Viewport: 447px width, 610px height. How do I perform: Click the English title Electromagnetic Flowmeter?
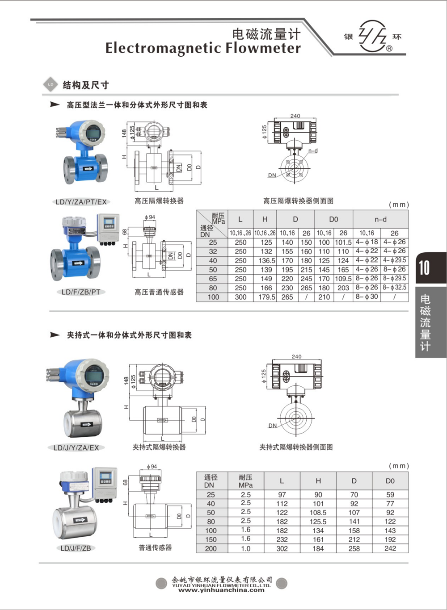pyautogui.click(x=203, y=48)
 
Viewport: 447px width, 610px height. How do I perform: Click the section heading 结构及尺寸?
pyautogui.click(x=85, y=85)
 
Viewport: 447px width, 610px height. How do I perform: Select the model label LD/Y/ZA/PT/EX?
pyautogui.click(x=81, y=202)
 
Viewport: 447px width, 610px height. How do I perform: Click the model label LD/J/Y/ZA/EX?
pyautogui.click(x=76, y=447)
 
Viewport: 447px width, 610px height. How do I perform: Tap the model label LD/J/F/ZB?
pyautogui.click(x=76, y=548)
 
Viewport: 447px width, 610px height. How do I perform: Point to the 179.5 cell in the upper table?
pyautogui.click(x=266, y=297)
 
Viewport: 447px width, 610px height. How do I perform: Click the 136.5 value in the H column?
pyautogui.click(x=266, y=260)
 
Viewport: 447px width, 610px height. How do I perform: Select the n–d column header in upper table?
pyautogui.click(x=380, y=219)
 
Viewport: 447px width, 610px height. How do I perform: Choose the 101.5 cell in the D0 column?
pyautogui.click(x=343, y=242)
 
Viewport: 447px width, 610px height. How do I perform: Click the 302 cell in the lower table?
pyautogui.click(x=282, y=548)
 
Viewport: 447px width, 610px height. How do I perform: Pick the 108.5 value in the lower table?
pyautogui.click(x=318, y=513)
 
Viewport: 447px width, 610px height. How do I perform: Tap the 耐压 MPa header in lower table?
pyautogui.click(x=245, y=481)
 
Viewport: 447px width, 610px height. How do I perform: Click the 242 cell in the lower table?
pyautogui.click(x=390, y=548)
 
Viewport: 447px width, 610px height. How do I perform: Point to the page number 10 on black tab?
pyautogui.click(x=424, y=268)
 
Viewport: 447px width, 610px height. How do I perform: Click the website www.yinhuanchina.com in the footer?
pyautogui.click(x=221, y=590)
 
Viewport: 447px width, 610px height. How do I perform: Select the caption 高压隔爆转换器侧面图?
pyautogui.click(x=298, y=201)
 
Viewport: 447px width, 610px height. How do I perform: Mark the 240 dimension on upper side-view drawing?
pyautogui.click(x=295, y=116)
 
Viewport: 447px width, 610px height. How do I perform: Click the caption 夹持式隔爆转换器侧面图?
pyautogui.click(x=296, y=447)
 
